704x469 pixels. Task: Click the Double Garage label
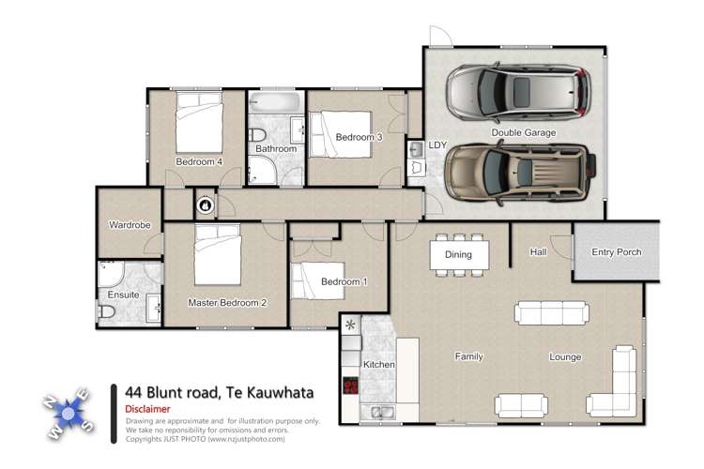(x=523, y=133)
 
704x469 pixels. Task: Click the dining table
(x=457, y=254)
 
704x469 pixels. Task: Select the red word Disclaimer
(x=147, y=408)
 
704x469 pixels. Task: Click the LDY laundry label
(x=437, y=145)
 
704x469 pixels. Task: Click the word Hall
(x=538, y=251)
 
